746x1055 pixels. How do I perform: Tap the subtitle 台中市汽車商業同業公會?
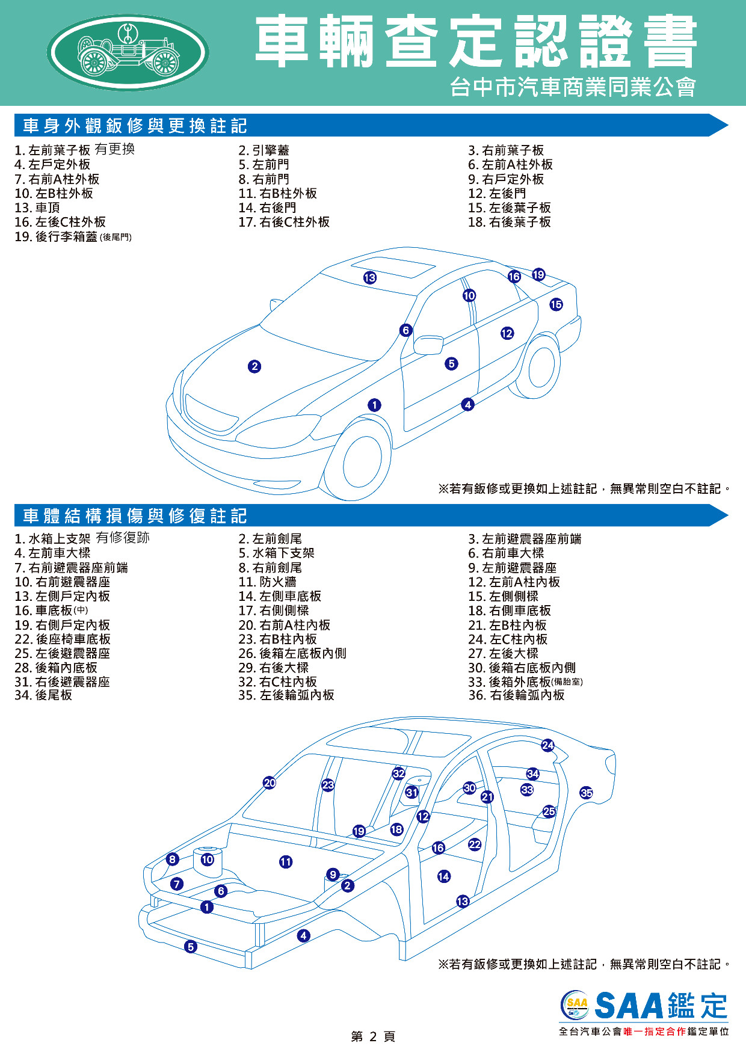pyautogui.click(x=573, y=87)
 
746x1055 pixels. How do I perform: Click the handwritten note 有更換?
pyautogui.click(x=115, y=149)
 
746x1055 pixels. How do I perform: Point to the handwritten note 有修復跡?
pyautogui.click(x=123, y=537)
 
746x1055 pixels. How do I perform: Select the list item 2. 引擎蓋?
pyautogui.click(x=264, y=150)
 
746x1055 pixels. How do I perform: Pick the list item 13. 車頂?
pyautogui.click(x=37, y=208)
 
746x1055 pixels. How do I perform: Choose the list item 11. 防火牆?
pyautogui.click(x=267, y=582)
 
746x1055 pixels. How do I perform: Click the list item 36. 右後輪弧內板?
pyautogui.click(x=516, y=695)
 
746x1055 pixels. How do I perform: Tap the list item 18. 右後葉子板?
pyautogui.click(x=510, y=222)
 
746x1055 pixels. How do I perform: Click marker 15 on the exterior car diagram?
pyautogui.click(x=556, y=304)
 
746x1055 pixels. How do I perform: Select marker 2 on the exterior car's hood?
pyautogui.click(x=254, y=366)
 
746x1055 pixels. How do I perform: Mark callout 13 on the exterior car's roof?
pyautogui.click(x=369, y=277)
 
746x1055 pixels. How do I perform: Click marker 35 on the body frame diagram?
pyautogui.click(x=587, y=793)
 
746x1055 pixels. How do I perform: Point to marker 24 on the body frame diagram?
pyautogui.click(x=547, y=745)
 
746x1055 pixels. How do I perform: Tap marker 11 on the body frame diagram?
pyautogui.click(x=286, y=862)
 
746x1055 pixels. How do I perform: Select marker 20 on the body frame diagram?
pyautogui.click(x=270, y=783)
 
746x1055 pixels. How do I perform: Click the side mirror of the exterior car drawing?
pyautogui.click(x=428, y=345)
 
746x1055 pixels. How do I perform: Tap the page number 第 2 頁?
pyautogui.click(x=373, y=1036)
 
